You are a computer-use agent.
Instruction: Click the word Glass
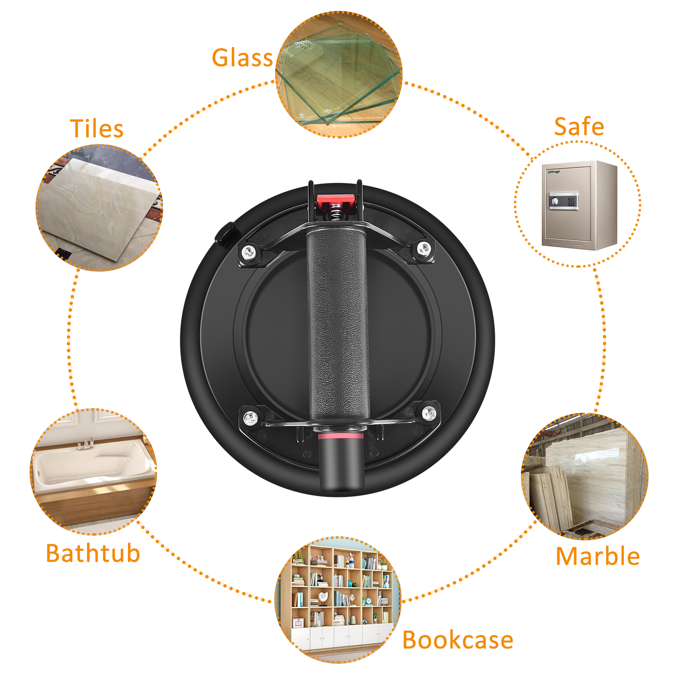pyautogui.click(x=243, y=57)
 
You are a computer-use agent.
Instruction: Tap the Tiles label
pyautogui.click(x=97, y=128)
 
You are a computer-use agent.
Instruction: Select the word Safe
pyautogui.click(x=579, y=126)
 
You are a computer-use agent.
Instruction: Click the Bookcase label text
pyautogui.click(x=458, y=640)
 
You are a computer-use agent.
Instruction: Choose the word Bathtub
pyautogui.click(x=93, y=553)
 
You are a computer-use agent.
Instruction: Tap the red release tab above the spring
pyautogui.click(x=336, y=202)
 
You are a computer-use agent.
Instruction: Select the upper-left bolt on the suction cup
pyautogui.click(x=249, y=253)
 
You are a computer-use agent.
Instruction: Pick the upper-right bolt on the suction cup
pyautogui.click(x=424, y=249)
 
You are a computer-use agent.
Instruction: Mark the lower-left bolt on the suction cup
pyautogui.click(x=251, y=418)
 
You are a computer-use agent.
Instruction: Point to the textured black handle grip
pyautogui.click(x=338, y=324)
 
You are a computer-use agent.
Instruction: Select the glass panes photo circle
pyautogui.click(x=339, y=74)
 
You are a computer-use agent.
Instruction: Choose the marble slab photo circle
pyautogui.click(x=585, y=476)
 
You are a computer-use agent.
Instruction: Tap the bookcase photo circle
pyautogui.click(x=338, y=600)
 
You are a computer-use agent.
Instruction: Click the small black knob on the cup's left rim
pyautogui.click(x=225, y=233)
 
